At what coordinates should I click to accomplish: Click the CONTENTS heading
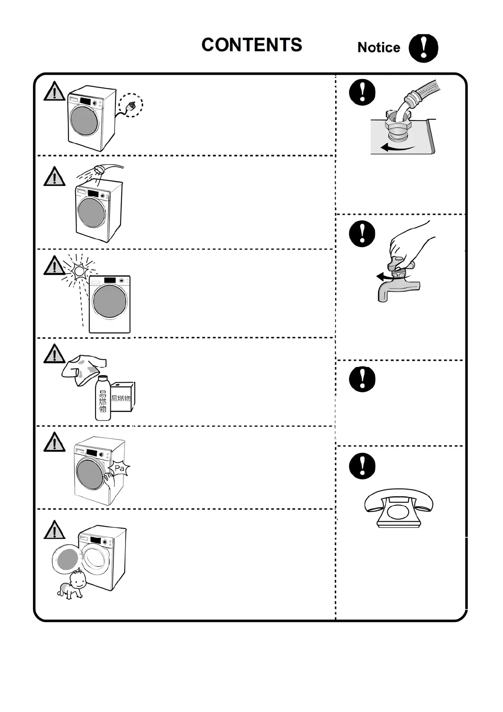point(251,45)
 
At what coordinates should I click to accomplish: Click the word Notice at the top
point(378,47)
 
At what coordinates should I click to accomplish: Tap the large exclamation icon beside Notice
point(423,48)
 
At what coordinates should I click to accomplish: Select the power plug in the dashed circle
point(131,105)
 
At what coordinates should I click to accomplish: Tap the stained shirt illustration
point(83,370)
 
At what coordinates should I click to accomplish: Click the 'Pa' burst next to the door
point(120,468)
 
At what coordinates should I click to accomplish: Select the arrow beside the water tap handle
point(384,277)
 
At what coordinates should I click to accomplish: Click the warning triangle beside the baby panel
point(54,530)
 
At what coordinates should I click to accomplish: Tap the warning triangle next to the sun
point(54,266)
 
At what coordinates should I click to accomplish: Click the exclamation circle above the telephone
point(362,466)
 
